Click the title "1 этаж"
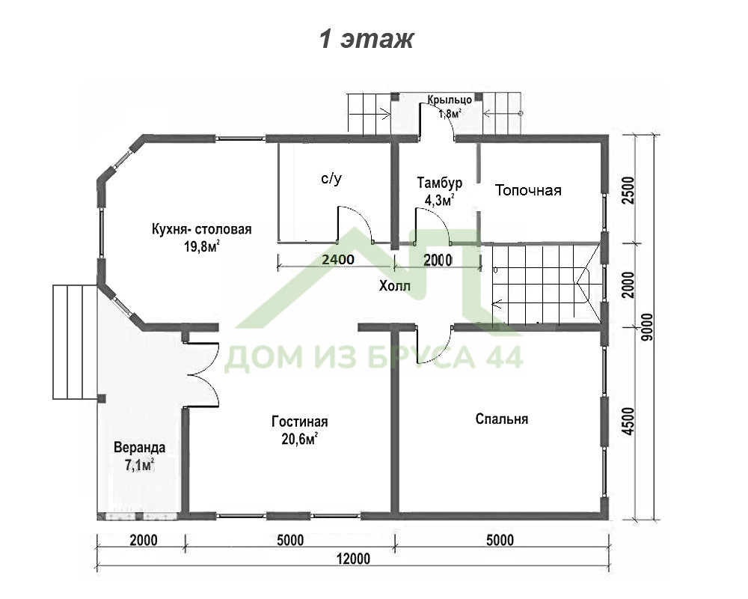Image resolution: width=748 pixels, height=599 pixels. click(x=366, y=39)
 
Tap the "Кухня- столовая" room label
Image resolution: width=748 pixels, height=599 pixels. click(x=202, y=229)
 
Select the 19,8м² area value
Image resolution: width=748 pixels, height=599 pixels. click(x=202, y=246)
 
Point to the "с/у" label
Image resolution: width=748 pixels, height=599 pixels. click(x=331, y=179)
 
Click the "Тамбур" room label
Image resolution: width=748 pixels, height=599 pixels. click(x=439, y=183)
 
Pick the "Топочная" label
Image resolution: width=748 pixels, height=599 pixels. click(x=528, y=191)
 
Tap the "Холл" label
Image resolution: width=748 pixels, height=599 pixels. click(x=394, y=286)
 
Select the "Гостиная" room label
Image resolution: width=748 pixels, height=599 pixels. click(x=300, y=422)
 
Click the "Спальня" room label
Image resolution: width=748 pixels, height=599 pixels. click(x=502, y=419)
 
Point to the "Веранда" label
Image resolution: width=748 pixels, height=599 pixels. click(x=139, y=448)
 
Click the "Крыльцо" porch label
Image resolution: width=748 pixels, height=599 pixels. click(x=450, y=100)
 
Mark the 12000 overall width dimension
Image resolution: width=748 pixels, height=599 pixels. click(x=354, y=559)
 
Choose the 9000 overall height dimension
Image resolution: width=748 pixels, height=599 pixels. click(x=647, y=327)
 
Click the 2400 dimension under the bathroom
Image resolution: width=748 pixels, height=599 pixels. click(x=338, y=260)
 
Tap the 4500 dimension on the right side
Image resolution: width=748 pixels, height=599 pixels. click(x=629, y=422)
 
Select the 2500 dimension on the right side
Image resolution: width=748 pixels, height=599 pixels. click(x=629, y=190)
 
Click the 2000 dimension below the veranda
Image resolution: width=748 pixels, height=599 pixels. click(x=144, y=541)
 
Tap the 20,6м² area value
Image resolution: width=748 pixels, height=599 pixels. click(x=300, y=439)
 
